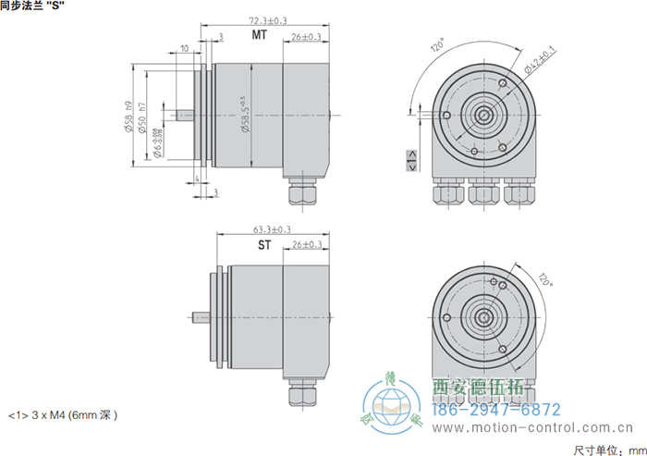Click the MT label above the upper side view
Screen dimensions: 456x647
(x=261, y=35)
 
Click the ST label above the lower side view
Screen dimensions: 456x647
(x=264, y=245)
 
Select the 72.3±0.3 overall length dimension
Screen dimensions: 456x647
(x=268, y=19)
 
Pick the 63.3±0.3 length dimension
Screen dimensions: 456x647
(x=272, y=229)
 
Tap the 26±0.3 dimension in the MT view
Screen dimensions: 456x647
(x=306, y=37)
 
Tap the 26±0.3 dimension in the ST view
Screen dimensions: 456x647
(x=306, y=245)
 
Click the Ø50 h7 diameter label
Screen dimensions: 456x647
(x=141, y=117)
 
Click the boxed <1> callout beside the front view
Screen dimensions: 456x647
(x=411, y=165)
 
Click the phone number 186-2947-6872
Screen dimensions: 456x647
(x=497, y=409)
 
